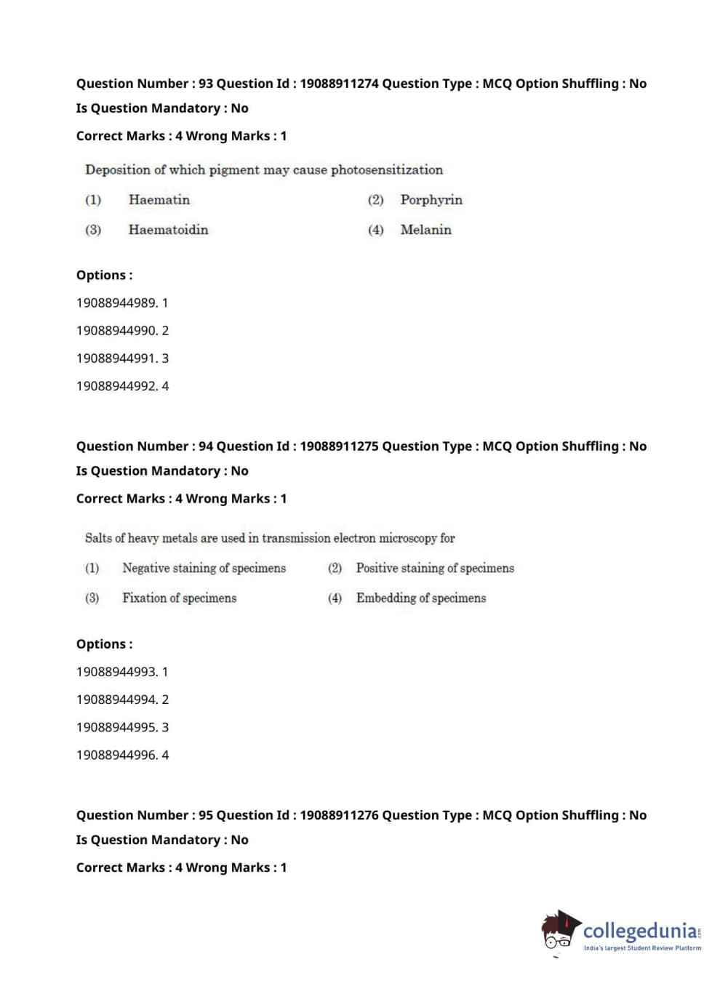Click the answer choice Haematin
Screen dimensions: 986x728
coord(159,200)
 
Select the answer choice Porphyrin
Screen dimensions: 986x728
coord(431,200)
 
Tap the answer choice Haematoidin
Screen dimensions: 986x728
coord(168,230)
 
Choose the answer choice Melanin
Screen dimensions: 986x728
coord(425,230)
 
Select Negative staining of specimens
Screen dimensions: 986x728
coord(204,568)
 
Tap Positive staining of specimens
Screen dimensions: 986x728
coord(435,568)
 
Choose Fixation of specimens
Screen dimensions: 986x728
coord(179,598)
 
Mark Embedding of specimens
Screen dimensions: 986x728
coord(420,598)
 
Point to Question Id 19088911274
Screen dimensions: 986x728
coord(339,84)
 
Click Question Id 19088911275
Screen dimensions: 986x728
coord(339,446)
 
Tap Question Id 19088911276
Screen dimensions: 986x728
coord(339,815)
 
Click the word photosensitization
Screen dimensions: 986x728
coord(386,170)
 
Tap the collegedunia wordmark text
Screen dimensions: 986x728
coord(639,930)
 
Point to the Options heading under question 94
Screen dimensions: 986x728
coord(104,644)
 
